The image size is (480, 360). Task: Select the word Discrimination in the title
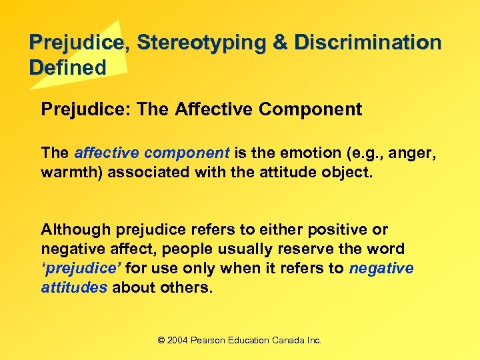coord(368,43)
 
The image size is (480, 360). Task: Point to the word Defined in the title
coord(67,67)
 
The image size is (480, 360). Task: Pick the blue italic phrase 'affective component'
coord(152,153)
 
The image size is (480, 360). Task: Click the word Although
coord(75,230)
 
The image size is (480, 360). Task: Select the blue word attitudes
coord(74,288)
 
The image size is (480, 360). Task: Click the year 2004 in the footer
coord(177,340)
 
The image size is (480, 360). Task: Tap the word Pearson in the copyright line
coord(208,340)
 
